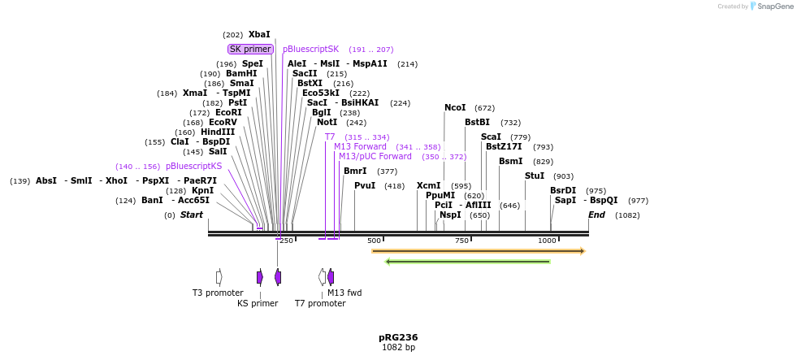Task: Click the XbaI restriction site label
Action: tap(259, 35)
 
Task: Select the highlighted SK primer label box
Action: tap(250, 49)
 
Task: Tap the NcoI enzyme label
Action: tap(455, 108)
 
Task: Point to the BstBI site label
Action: tap(477, 123)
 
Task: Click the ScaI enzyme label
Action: tap(491, 137)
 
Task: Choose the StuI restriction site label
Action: tap(535, 176)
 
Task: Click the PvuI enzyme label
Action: tap(365, 185)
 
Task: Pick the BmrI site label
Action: tap(355, 171)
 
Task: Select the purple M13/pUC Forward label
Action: tap(375, 156)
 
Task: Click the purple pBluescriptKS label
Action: tap(193, 166)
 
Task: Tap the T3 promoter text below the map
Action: tap(218, 293)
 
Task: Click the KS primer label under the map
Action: tap(258, 303)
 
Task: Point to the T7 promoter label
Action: tap(320, 303)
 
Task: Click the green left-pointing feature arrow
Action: tap(468, 262)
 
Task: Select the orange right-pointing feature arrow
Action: tap(478, 251)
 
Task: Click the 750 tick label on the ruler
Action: tap(461, 241)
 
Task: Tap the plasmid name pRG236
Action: tap(398, 337)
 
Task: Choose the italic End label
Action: tap(596, 215)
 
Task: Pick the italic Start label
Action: tap(192, 215)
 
